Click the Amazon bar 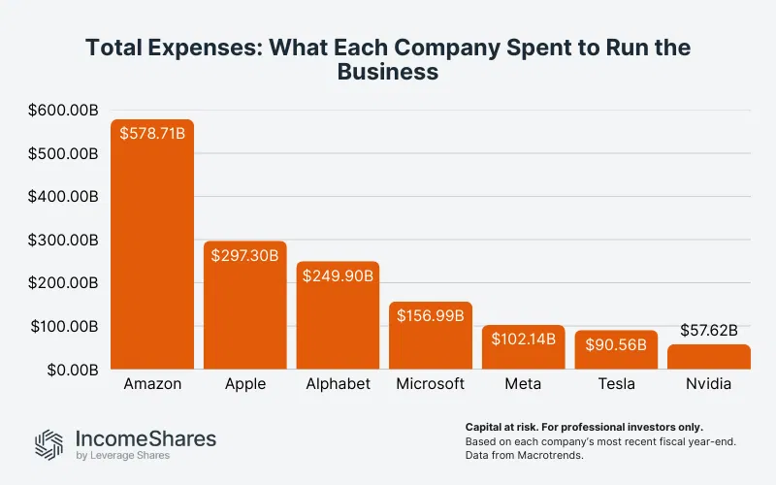[x=152, y=252]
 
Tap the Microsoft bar [x=431, y=339]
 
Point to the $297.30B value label [x=245, y=256]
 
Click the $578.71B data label [x=152, y=134]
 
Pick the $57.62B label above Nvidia [x=708, y=329]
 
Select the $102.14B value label [x=524, y=339]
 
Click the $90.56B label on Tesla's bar [x=616, y=344]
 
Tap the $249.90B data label [x=339, y=276]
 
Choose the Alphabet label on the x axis [x=339, y=384]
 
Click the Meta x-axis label [x=524, y=384]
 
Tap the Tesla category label [x=616, y=384]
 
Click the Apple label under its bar [x=245, y=384]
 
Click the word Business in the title [x=387, y=72]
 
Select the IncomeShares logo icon [x=48, y=444]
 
